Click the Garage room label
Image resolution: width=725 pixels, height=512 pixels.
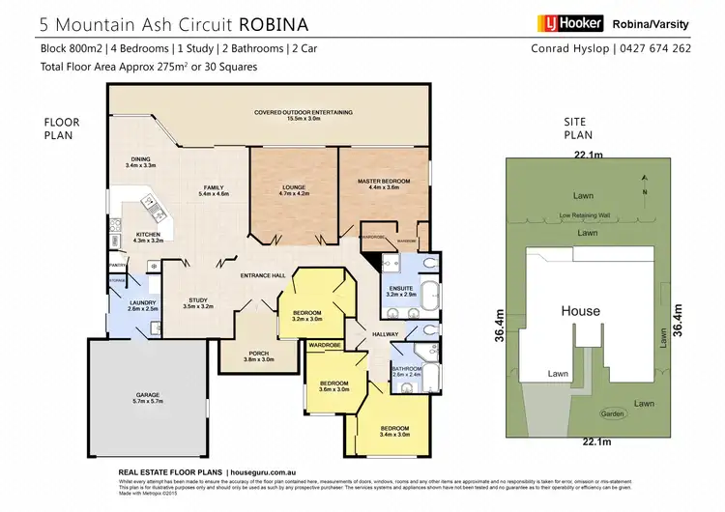point(147,398)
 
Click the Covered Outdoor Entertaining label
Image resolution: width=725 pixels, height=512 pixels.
point(304,113)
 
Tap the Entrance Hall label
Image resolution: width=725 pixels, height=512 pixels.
point(263,276)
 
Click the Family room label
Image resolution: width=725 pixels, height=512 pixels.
point(213,189)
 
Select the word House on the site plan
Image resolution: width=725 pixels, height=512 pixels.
point(580,311)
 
